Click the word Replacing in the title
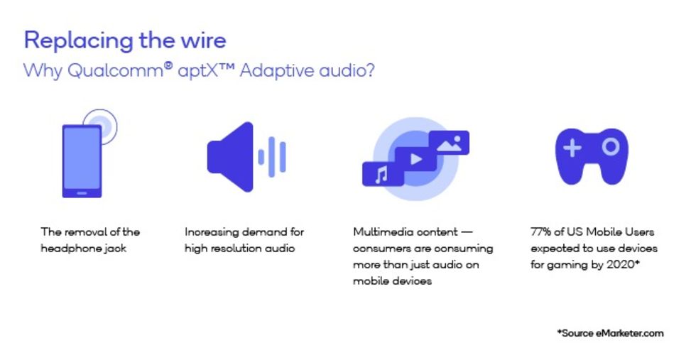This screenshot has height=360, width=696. (78, 42)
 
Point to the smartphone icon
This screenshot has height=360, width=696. (82, 160)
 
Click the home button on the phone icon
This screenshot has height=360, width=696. (82, 193)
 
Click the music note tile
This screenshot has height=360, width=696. (383, 174)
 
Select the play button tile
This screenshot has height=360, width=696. (415, 159)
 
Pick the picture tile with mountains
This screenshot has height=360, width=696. (449, 143)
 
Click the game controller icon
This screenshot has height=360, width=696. (592, 156)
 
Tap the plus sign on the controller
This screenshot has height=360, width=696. (572, 148)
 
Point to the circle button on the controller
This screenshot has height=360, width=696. (611, 146)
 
